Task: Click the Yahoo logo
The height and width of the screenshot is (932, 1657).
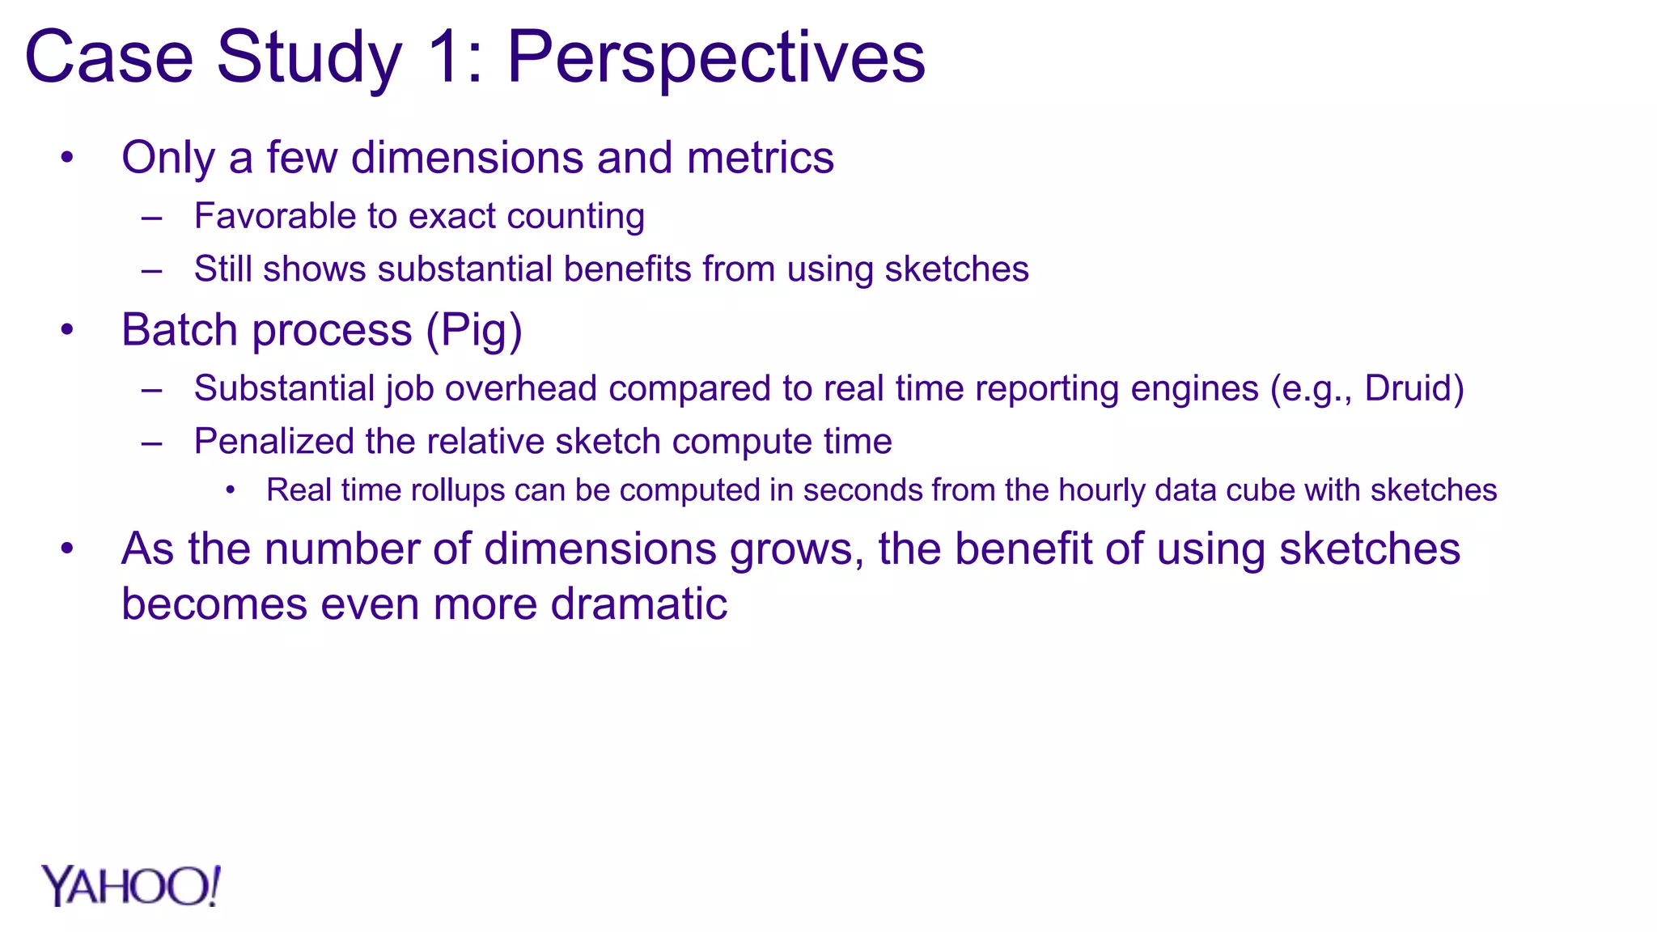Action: coord(131,886)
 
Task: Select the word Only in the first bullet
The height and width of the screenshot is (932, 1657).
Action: coord(167,158)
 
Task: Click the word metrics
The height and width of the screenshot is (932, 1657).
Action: coord(760,158)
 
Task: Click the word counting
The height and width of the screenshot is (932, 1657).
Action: coord(575,217)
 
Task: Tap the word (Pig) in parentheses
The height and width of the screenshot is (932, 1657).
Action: coord(474,330)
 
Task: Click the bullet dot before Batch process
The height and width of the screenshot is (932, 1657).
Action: coord(68,330)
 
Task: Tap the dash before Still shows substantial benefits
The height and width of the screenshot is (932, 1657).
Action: coord(151,270)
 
